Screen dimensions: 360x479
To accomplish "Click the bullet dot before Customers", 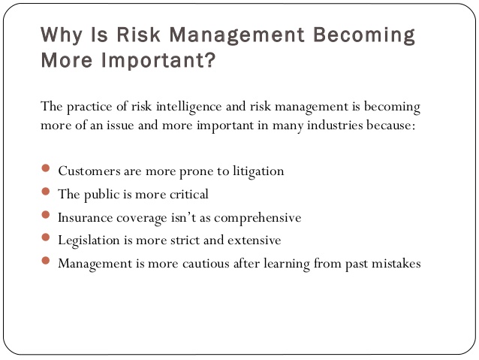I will [x=46, y=169].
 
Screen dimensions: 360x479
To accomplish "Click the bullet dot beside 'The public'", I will [x=46, y=192].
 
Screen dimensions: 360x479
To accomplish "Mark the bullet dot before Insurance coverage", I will [x=46, y=216].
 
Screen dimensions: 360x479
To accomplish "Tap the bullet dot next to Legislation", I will [x=46, y=239].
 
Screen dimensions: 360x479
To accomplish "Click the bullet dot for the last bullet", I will [x=46, y=262].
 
